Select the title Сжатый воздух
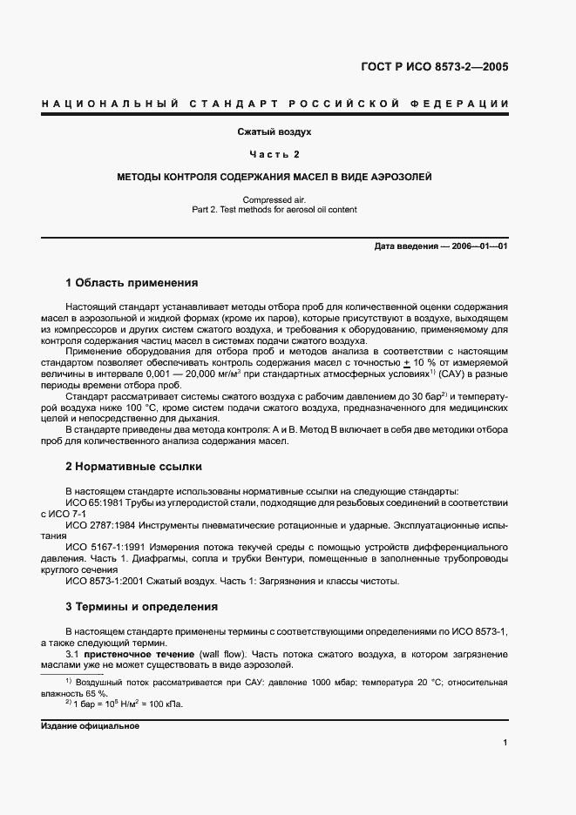tap(274, 132)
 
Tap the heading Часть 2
tap(274, 154)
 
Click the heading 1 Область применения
tap(132, 283)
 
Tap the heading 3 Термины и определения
tap(141, 606)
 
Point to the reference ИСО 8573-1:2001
tap(106, 582)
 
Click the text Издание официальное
tap(90, 725)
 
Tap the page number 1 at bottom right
tap(505, 742)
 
